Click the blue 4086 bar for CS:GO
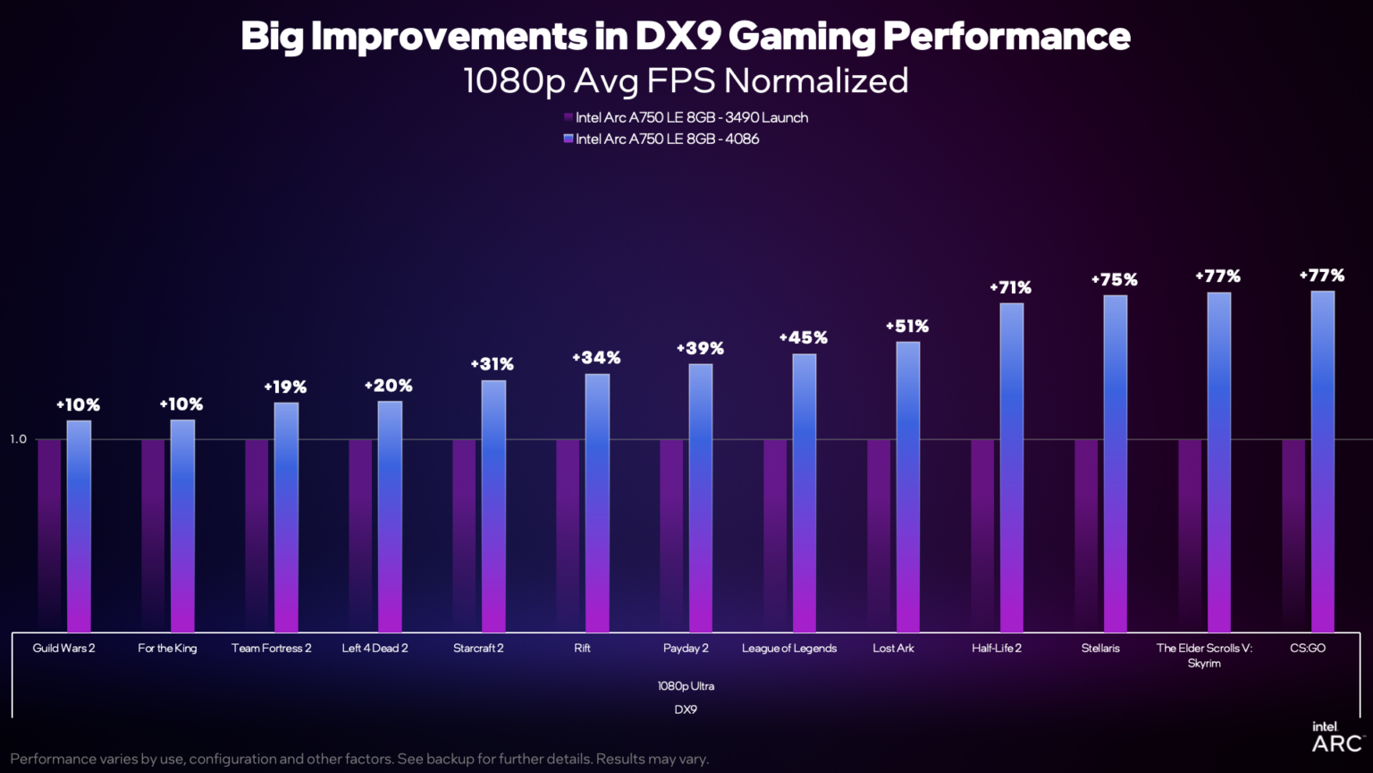pos(1322,461)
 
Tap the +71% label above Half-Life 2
pos(1010,288)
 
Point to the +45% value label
pos(803,338)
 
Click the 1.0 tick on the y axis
pos(19,439)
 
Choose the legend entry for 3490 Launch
pos(686,117)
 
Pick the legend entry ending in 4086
pos(661,139)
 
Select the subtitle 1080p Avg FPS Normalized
pos(686,81)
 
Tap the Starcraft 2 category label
pos(478,649)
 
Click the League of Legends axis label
pos(789,649)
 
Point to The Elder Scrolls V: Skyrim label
pos(1204,655)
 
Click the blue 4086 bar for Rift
pos(597,502)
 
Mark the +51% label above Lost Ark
pos(907,327)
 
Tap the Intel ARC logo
pos(1335,737)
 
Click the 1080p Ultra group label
pos(686,686)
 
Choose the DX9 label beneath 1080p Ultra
pos(686,709)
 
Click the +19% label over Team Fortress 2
pos(285,387)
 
